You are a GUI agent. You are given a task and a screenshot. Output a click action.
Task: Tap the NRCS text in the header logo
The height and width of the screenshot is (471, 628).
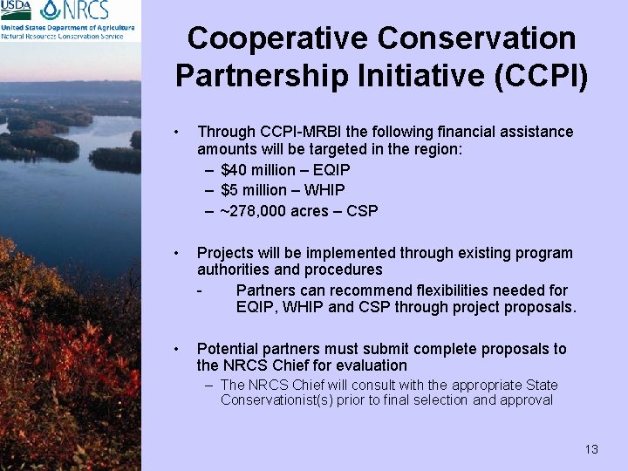[x=85, y=11]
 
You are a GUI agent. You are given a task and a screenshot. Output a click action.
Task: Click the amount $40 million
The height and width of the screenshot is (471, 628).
[x=258, y=169]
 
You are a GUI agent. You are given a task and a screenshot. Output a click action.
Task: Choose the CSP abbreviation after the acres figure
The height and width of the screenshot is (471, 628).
[x=362, y=211]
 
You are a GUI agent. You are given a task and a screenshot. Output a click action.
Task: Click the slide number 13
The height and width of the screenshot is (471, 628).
[x=591, y=450]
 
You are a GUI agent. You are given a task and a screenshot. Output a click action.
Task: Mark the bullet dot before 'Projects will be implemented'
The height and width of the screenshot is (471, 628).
[x=176, y=254]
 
